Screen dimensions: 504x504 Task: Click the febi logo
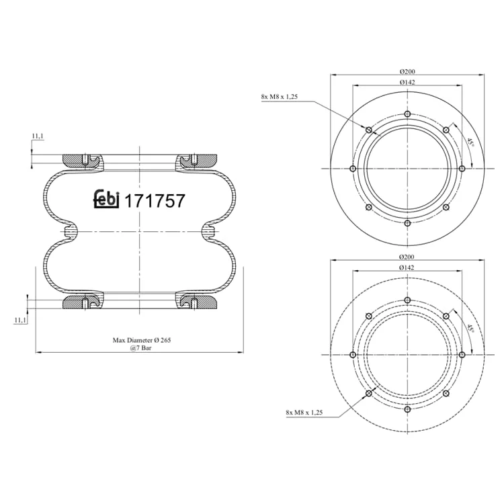[106, 199]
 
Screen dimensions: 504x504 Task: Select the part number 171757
[155, 201]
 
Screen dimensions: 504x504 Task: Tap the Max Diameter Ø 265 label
[142, 340]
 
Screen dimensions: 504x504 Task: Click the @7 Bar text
[141, 347]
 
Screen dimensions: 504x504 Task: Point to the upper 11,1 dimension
[38, 136]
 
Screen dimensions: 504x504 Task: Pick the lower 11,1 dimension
[20, 320]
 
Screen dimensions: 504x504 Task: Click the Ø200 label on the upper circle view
[407, 71]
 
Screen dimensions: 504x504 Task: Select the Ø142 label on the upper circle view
[407, 82]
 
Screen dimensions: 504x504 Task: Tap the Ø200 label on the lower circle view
[407, 257]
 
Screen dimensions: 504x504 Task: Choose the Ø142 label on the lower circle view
[407, 267]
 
